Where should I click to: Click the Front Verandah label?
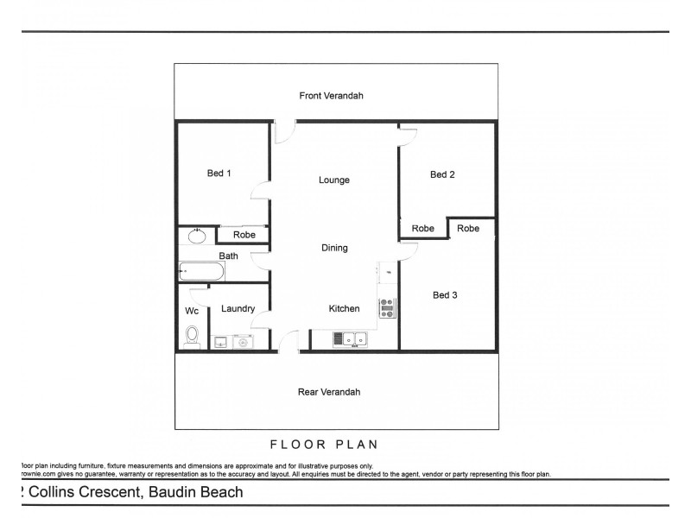tap(331, 96)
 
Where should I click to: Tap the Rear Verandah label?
tap(329, 391)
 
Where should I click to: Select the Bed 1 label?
tap(219, 174)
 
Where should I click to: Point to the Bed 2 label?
tap(442, 174)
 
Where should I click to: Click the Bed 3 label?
tap(445, 295)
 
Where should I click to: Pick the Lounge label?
tap(333, 180)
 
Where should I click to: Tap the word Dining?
tap(334, 248)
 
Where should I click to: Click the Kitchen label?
tap(344, 308)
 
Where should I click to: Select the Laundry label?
tap(238, 308)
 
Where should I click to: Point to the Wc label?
tap(192, 311)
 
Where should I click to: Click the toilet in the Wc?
tap(193, 335)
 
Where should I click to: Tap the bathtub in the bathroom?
tap(201, 272)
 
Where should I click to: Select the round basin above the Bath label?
tap(198, 234)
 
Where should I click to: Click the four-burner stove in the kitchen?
tap(387, 307)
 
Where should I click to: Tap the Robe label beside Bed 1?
tap(243, 234)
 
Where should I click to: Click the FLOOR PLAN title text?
tap(326, 445)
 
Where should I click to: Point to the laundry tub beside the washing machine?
tap(221, 342)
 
